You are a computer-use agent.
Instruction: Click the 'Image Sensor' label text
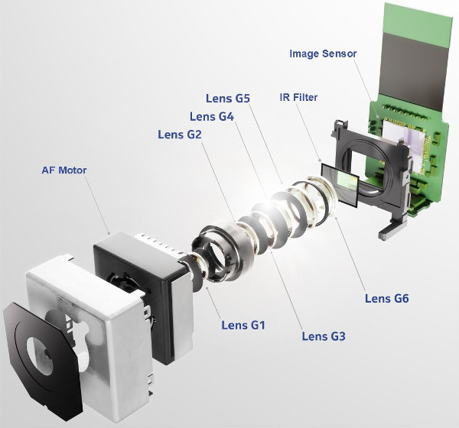323,53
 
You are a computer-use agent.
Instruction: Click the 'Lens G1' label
243,326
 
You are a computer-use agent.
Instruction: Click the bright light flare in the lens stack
264,205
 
